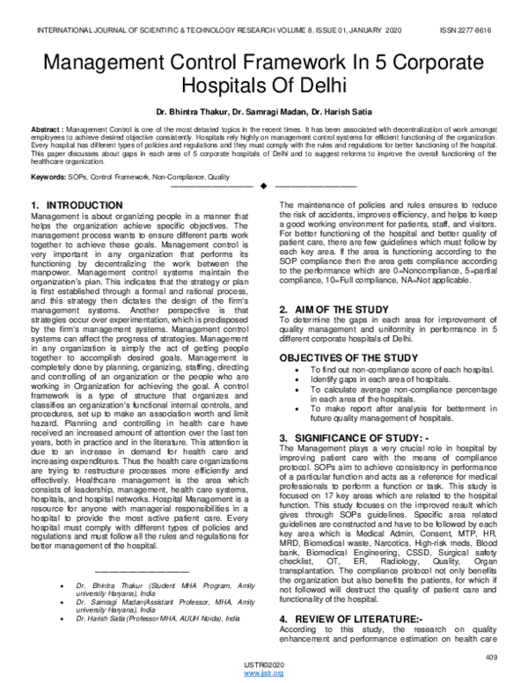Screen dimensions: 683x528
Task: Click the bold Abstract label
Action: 47,129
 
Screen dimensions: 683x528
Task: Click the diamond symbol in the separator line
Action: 263,187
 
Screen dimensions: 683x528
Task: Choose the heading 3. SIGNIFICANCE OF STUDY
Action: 356,437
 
